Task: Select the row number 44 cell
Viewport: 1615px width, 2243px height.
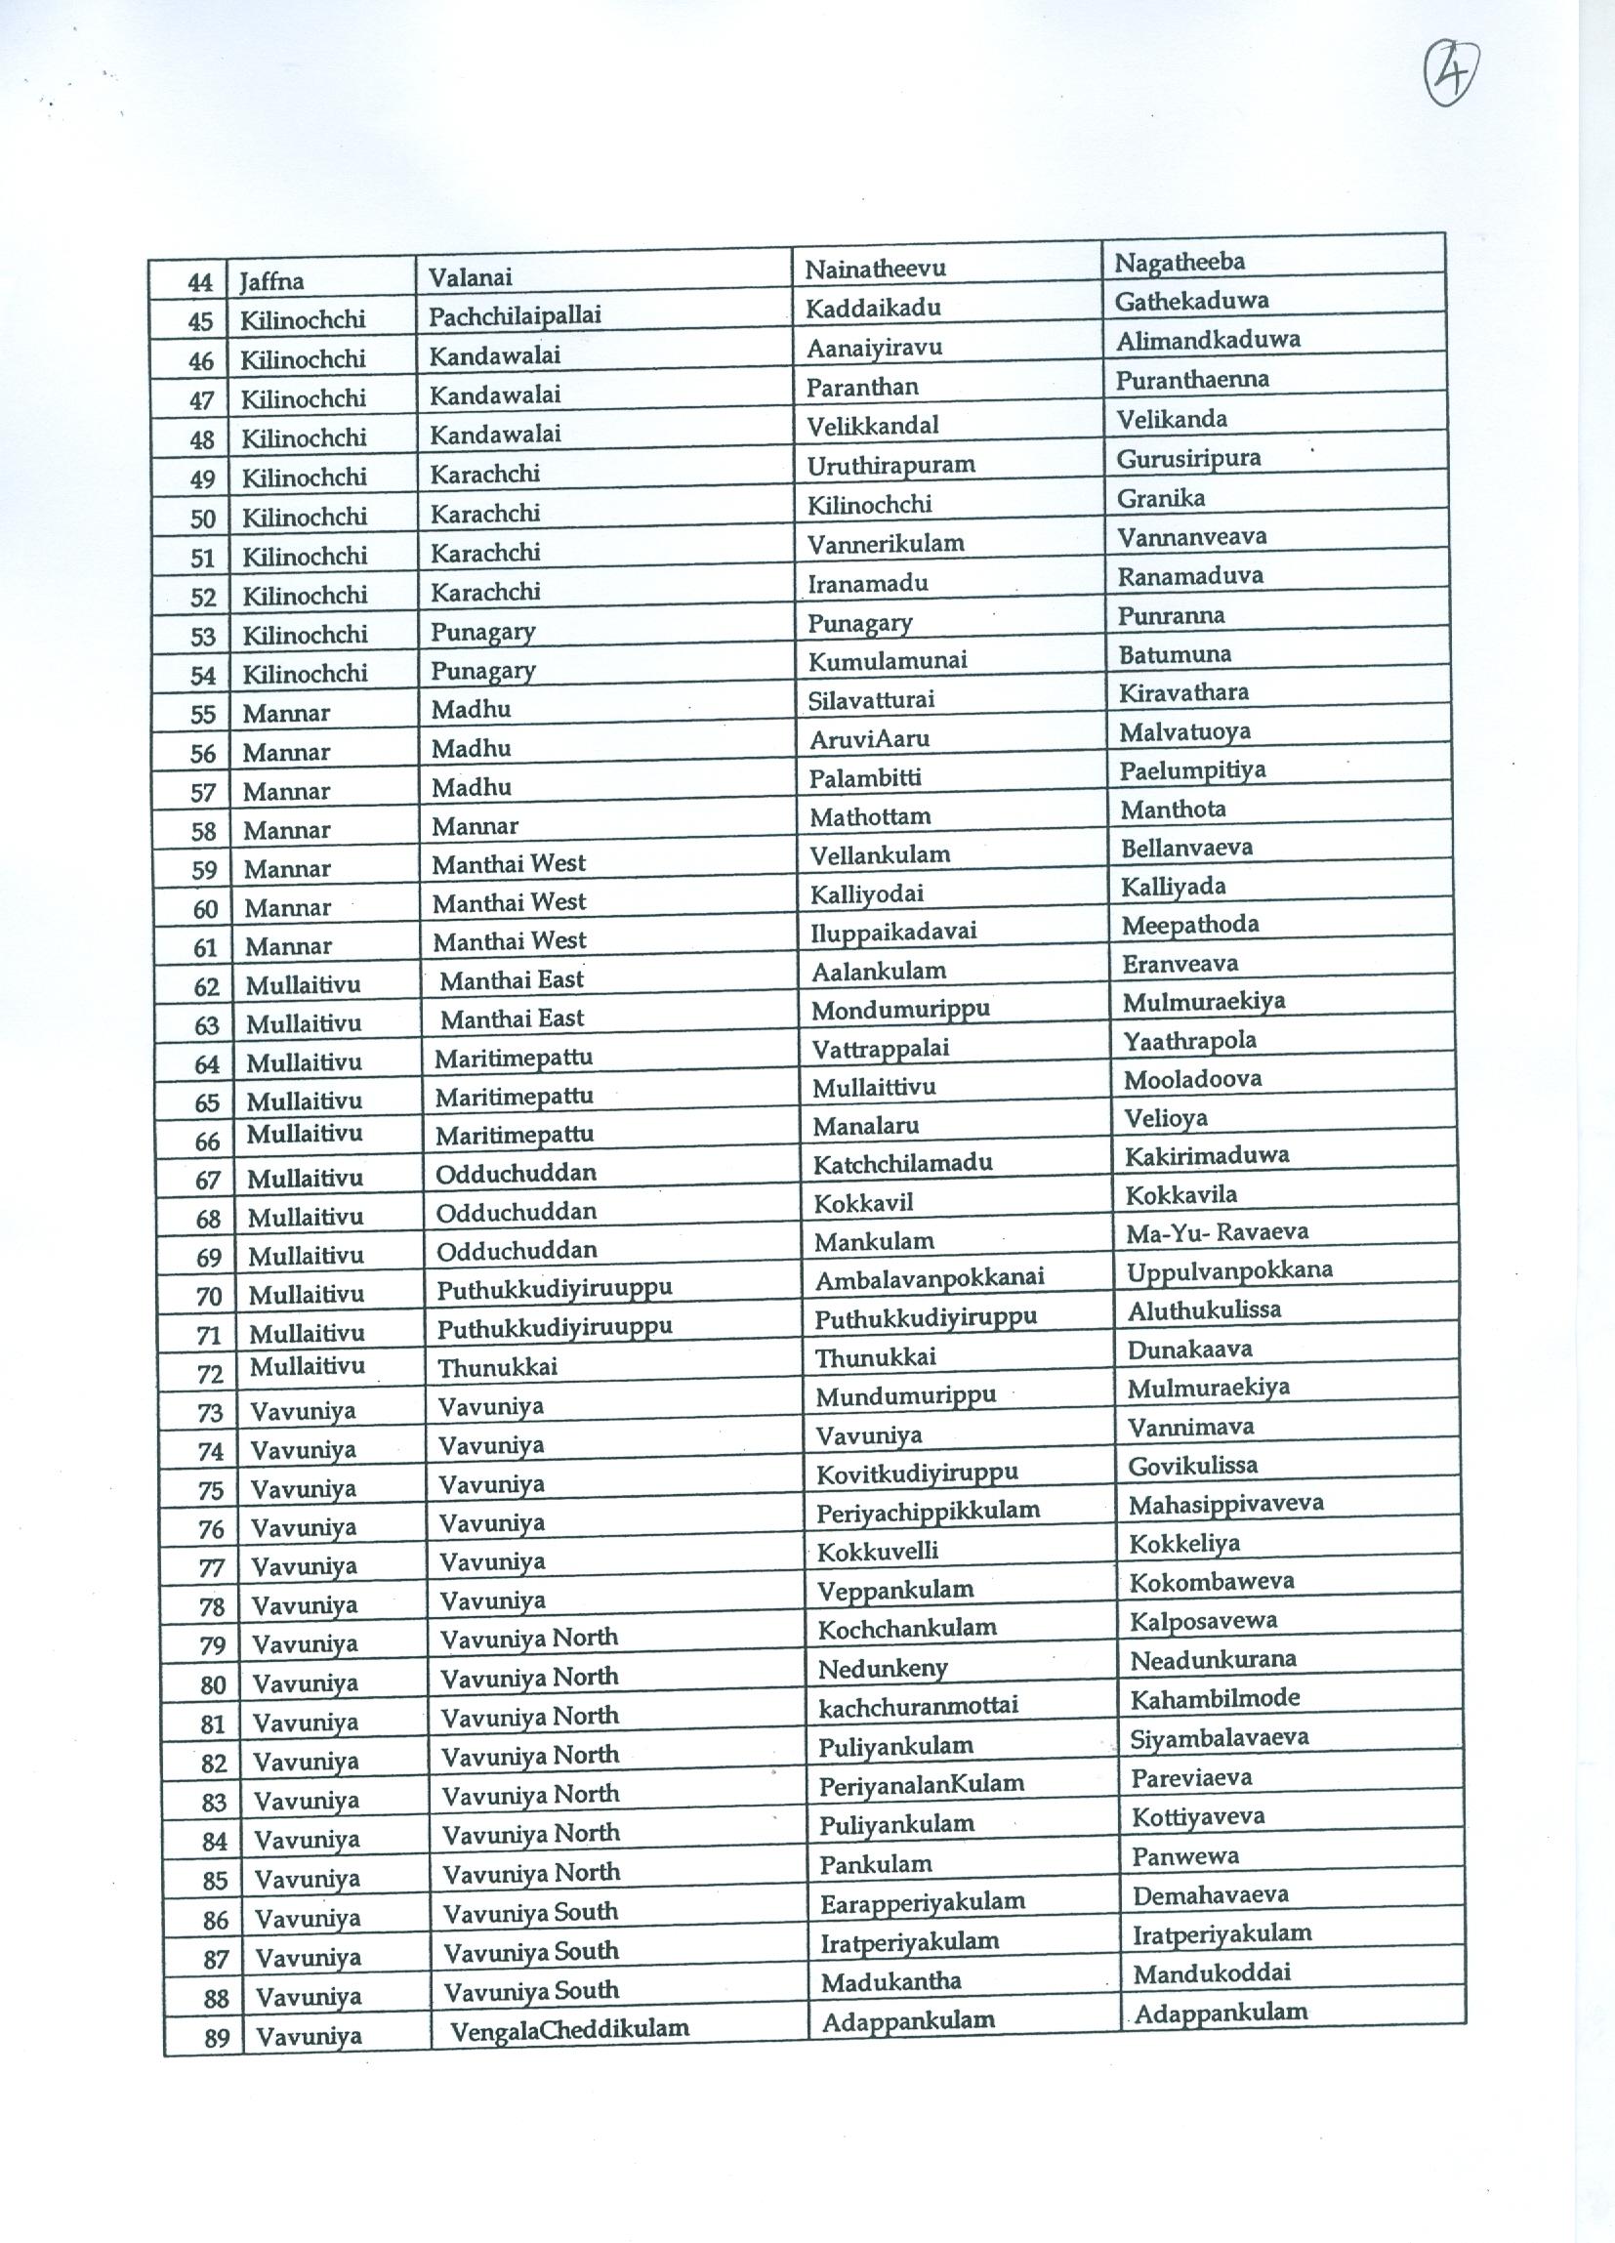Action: pyautogui.click(x=200, y=283)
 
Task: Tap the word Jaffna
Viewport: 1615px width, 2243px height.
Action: pyautogui.click(x=271, y=282)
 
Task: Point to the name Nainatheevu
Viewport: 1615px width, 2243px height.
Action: pyautogui.click(x=875, y=268)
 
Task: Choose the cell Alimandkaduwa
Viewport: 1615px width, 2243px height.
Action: pyautogui.click(x=1208, y=340)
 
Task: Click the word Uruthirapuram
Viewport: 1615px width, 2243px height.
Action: pyautogui.click(x=891, y=465)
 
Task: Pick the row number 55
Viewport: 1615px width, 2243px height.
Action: pyautogui.click(x=203, y=714)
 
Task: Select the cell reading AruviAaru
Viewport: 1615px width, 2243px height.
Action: pyautogui.click(x=869, y=739)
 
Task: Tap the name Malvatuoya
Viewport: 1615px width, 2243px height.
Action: pyautogui.click(x=1184, y=731)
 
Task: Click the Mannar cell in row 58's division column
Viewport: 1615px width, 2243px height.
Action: pyautogui.click(x=475, y=826)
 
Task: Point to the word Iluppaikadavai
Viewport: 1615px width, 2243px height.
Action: pyautogui.click(x=893, y=932)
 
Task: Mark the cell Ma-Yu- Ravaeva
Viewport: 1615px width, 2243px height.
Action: pyautogui.click(x=1217, y=1232)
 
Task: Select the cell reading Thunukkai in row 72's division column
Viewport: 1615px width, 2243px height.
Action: pyautogui.click(x=497, y=1368)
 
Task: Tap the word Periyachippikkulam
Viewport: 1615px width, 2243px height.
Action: pyautogui.click(x=928, y=1512)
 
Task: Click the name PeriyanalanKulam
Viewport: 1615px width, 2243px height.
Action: pyautogui.click(x=921, y=1783)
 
